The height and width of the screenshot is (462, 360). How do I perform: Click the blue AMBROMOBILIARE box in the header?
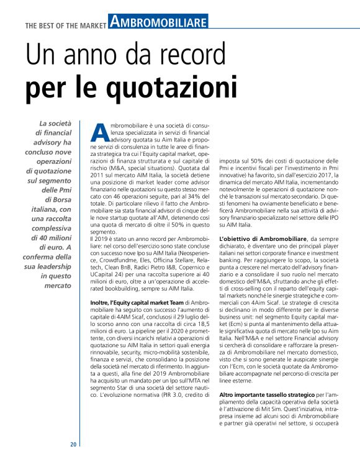[x=158, y=23]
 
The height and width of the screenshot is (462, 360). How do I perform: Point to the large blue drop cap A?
[x=99, y=132]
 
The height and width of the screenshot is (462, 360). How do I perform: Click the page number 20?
[x=73, y=444]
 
